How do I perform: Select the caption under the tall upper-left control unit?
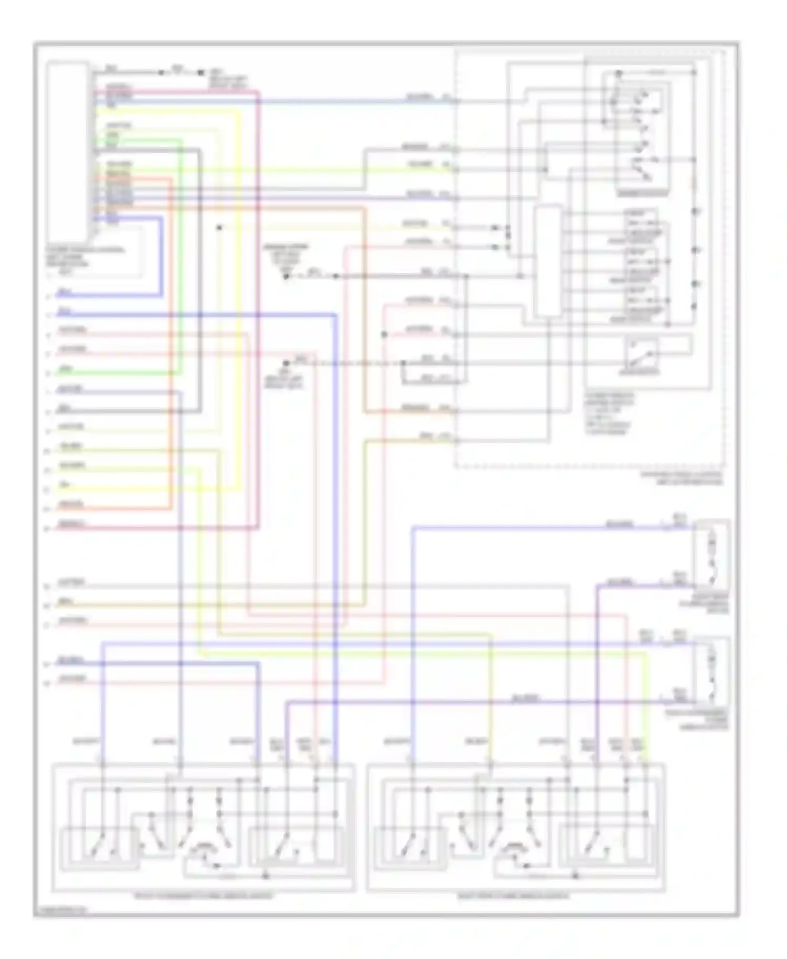pyautogui.click(x=84, y=257)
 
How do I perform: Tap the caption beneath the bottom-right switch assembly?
pyautogui.click(x=513, y=896)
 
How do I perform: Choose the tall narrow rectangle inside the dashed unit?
pyautogui.click(x=548, y=261)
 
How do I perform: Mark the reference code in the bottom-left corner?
pyautogui.click(x=62, y=911)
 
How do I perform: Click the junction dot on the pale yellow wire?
pyautogui.click(x=220, y=228)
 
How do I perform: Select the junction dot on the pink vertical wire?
pyautogui.click(x=384, y=334)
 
